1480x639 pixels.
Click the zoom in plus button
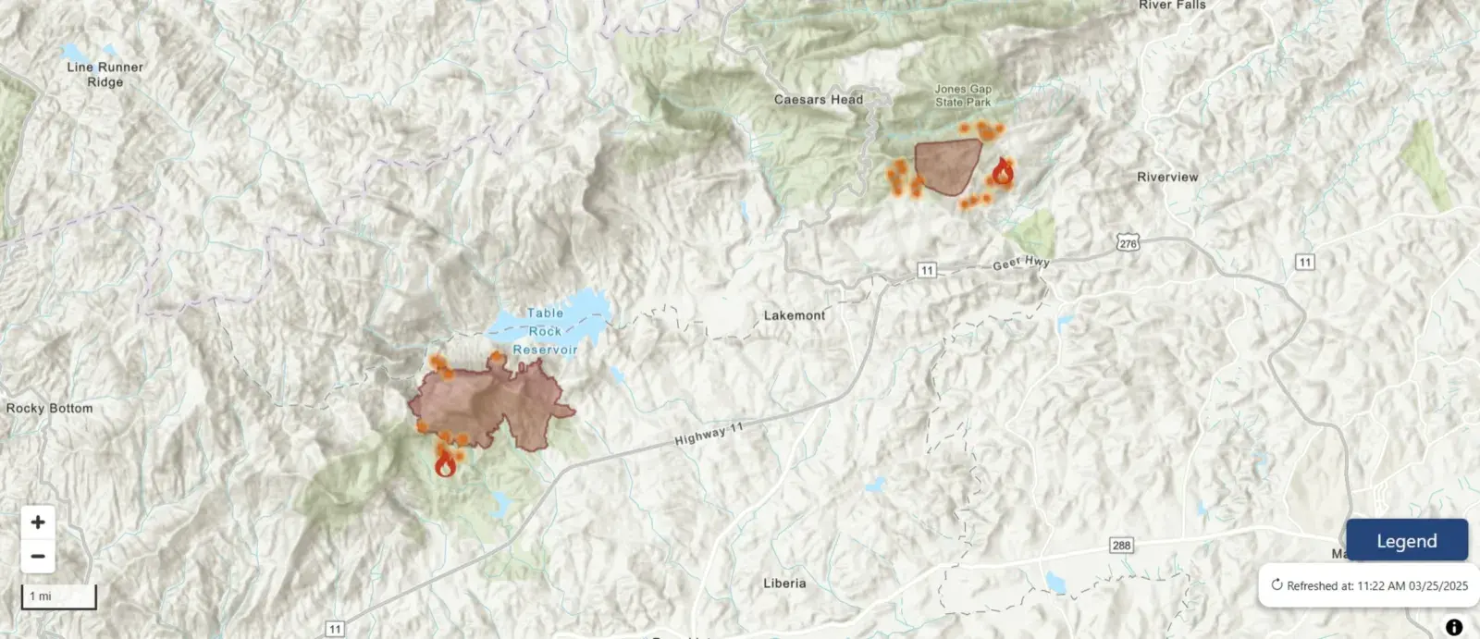(38, 522)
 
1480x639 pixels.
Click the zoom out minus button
(38, 557)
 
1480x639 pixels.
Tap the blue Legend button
(1406, 541)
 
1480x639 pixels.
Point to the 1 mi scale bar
(58, 596)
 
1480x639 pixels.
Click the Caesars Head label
(818, 100)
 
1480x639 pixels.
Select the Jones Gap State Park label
(962, 96)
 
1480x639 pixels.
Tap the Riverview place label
(1166, 177)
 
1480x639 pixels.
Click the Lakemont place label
(794, 315)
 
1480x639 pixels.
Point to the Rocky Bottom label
(49, 408)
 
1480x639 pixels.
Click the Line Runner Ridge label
(105, 74)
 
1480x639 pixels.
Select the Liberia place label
(783, 584)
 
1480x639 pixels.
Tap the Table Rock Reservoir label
(545, 331)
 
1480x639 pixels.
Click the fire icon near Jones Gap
(1002, 172)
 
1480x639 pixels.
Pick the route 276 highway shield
(1128, 243)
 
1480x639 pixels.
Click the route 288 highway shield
(1121, 545)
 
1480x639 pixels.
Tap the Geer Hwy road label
(1020, 264)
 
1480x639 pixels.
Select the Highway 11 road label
(709, 435)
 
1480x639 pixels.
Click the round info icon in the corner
(1453, 627)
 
